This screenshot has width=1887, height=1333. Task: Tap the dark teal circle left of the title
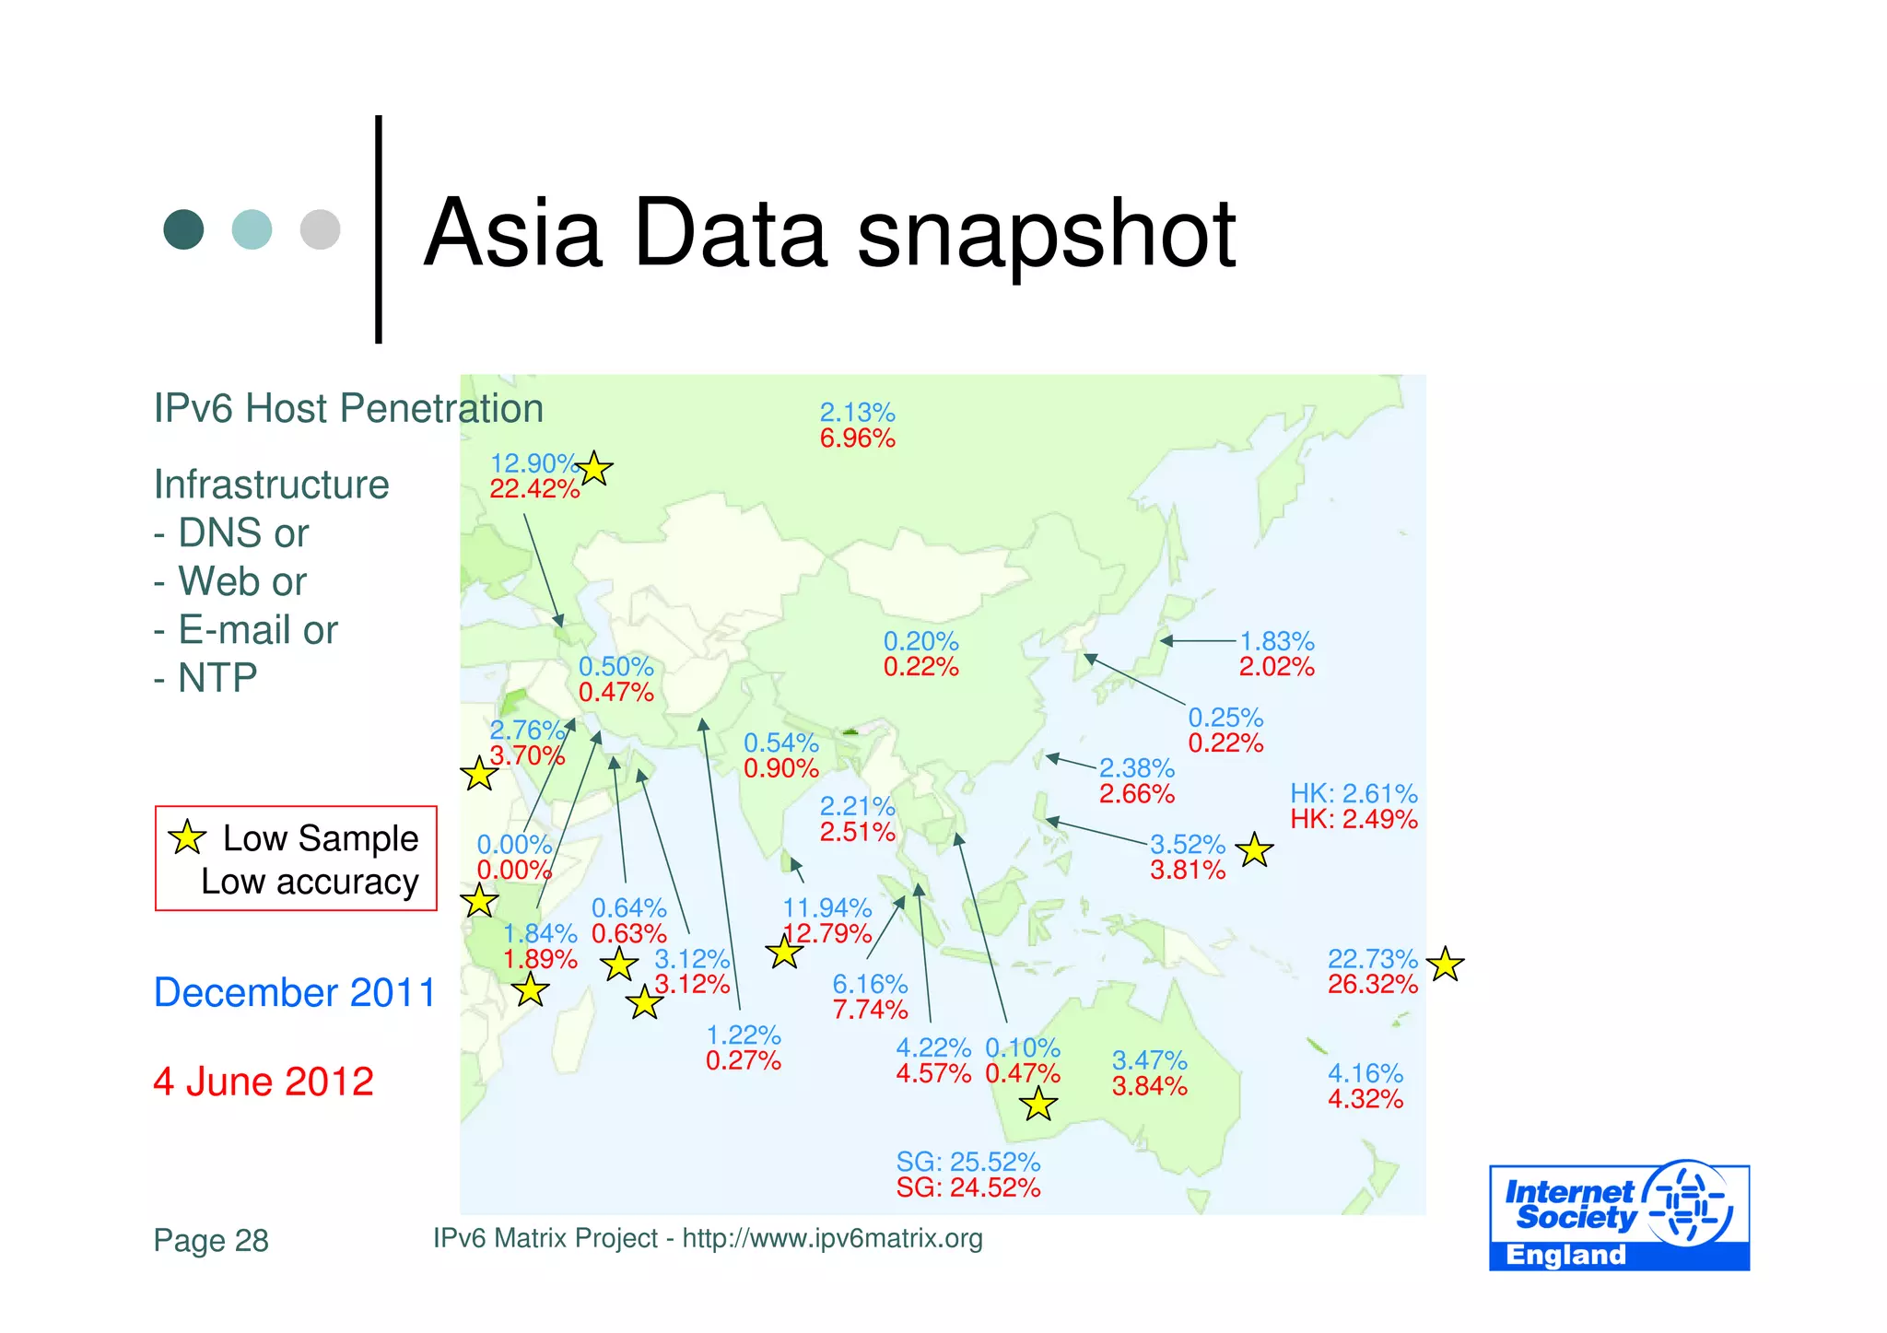point(183,229)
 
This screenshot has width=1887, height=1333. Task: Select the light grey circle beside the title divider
point(320,229)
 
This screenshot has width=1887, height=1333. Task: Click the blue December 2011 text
point(294,993)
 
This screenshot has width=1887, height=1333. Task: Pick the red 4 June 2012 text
point(264,1082)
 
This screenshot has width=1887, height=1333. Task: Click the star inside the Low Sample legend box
point(187,836)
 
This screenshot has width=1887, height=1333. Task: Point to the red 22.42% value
point(534,489)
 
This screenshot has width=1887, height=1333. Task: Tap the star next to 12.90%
point(594,469)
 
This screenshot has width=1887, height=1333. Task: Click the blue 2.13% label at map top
point(857,413)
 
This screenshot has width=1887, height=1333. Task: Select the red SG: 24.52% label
point(967,1187)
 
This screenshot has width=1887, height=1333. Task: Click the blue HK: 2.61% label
point(1353,793)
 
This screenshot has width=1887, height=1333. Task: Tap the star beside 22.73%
point(1445,965)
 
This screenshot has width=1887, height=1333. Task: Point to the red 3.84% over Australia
point(1149,1087)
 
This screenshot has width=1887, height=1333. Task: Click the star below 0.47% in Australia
point(1038,1103)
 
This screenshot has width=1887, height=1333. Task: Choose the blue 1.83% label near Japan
point(1276,641)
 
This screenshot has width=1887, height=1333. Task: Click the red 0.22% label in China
point(920,667)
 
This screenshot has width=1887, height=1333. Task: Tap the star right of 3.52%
point(1254,850)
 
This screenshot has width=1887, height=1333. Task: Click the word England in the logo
point(1565,1255)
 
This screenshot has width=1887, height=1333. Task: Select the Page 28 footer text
point(211,1241)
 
